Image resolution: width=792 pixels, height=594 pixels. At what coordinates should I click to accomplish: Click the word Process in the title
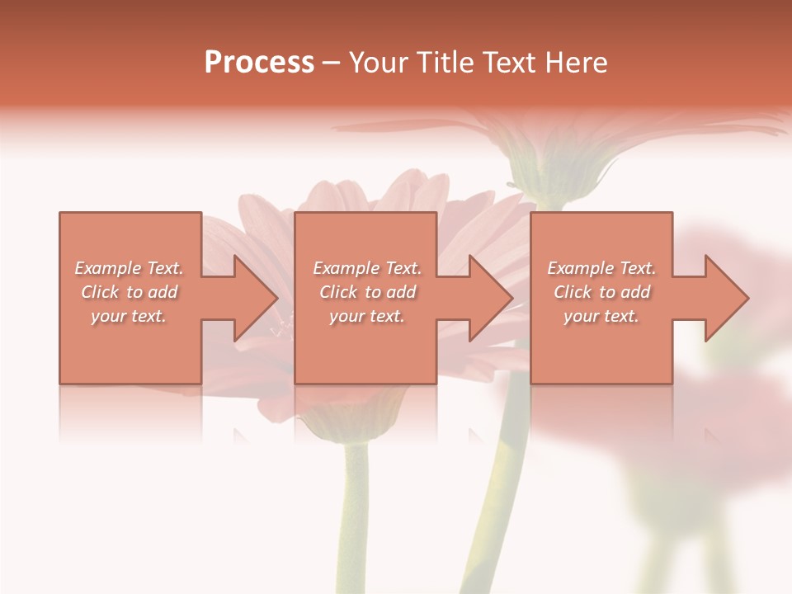click(x=259, y=63)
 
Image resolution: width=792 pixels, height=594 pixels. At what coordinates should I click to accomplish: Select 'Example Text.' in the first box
click(x=130, y=268)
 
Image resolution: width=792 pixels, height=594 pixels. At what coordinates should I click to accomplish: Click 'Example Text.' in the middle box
click(x=367, y=268)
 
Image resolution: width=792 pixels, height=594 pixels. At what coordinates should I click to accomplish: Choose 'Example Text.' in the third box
click(x=601, y=268)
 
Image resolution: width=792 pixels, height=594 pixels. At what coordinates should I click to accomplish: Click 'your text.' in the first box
click(x=129, y=316)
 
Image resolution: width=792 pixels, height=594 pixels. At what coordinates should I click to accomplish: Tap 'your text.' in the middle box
click(x=366, y=316)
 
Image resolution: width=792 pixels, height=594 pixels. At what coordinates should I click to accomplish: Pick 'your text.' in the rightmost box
click(x=601, y=316)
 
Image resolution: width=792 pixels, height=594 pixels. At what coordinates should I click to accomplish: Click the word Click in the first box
click(x=100, y=292)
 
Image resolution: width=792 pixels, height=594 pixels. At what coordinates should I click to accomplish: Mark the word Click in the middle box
click(x=337, y=292)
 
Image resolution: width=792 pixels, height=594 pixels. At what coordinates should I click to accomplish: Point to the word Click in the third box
click(x=573, y=292)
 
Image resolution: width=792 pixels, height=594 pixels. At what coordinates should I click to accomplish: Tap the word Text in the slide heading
click(x=507, y=63)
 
